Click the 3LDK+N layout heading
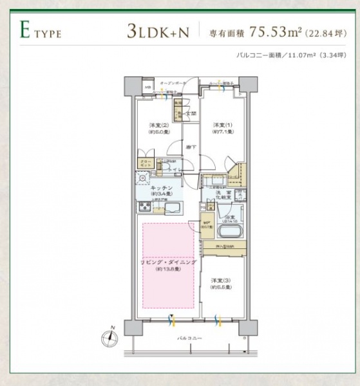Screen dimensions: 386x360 tap(158, 30)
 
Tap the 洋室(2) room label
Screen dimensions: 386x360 tap(158, 127)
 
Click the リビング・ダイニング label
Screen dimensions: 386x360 tap(167, 263)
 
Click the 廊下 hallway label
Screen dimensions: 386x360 tap(191, 147)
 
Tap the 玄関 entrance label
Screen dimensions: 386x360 tap(191, 113)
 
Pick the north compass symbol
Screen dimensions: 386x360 tap(111, 335)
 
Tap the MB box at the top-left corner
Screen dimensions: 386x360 tap(147, 87)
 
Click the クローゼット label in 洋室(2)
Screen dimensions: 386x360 tap(144, 164)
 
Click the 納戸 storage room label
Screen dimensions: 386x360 tap(207, 225)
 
